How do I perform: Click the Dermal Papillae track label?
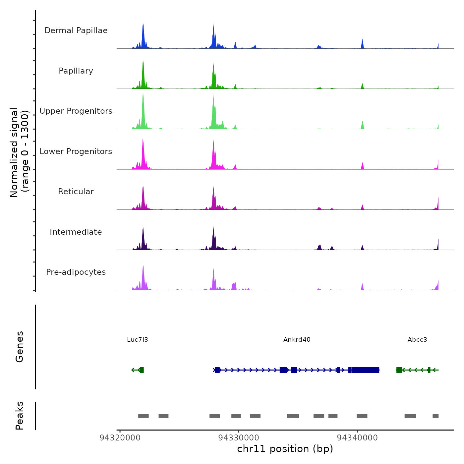(76, 30)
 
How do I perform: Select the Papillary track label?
(76, 71)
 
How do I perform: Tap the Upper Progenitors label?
(76, 111)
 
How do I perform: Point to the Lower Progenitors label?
(76, 151)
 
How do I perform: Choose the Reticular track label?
(76, 192)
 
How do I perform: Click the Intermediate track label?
(76, 232)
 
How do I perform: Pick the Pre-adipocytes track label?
(76, 272)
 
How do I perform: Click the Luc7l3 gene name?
(138, 339)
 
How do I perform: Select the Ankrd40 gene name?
(297, 339)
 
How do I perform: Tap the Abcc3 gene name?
(417, 339)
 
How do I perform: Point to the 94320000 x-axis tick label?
(120, 438)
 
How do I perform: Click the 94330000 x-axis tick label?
(239, 438)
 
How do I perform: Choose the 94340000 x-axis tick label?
(357, 438)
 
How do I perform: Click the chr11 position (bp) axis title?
(285, 449)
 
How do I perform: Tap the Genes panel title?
(20, 347)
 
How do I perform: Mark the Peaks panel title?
(20, 416)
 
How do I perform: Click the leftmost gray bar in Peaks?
(144, 416)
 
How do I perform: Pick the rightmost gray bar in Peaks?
(435, 416)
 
